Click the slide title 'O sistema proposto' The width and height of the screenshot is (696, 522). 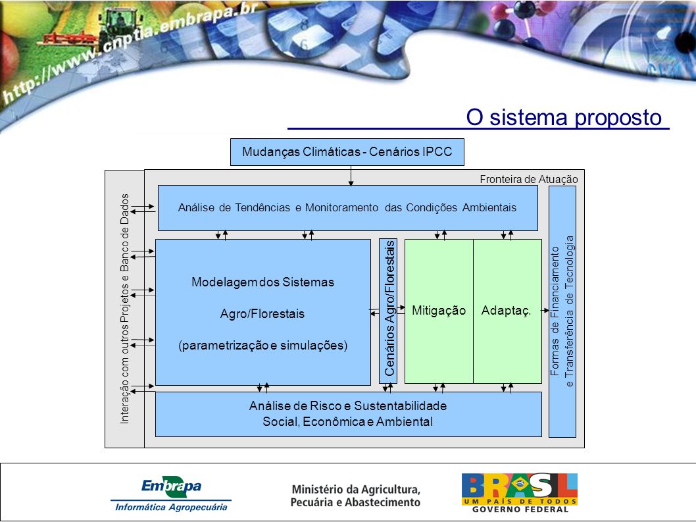pos(564,117)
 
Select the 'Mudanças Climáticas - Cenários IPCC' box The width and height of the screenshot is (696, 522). pos(347,152)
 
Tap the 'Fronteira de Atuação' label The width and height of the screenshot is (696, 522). pos(529,179)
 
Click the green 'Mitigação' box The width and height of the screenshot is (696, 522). pos(439,311)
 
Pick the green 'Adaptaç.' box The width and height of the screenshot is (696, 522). pos(507,311)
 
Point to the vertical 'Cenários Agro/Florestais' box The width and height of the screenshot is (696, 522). pos(388,311)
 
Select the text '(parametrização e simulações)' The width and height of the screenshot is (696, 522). pos(262,345)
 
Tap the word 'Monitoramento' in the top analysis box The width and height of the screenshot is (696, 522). pos(342,207)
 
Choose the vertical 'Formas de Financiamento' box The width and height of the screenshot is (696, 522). pos(562,311)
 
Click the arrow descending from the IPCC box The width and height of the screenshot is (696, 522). pos(351,176)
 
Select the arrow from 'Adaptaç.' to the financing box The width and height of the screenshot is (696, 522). pos(545,311)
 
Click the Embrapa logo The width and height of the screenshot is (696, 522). pos(171,486)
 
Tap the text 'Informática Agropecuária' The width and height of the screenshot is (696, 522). pos(171,508)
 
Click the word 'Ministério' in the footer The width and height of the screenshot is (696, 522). pos(312,490)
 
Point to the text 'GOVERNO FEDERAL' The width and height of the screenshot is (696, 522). pos(520,509)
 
